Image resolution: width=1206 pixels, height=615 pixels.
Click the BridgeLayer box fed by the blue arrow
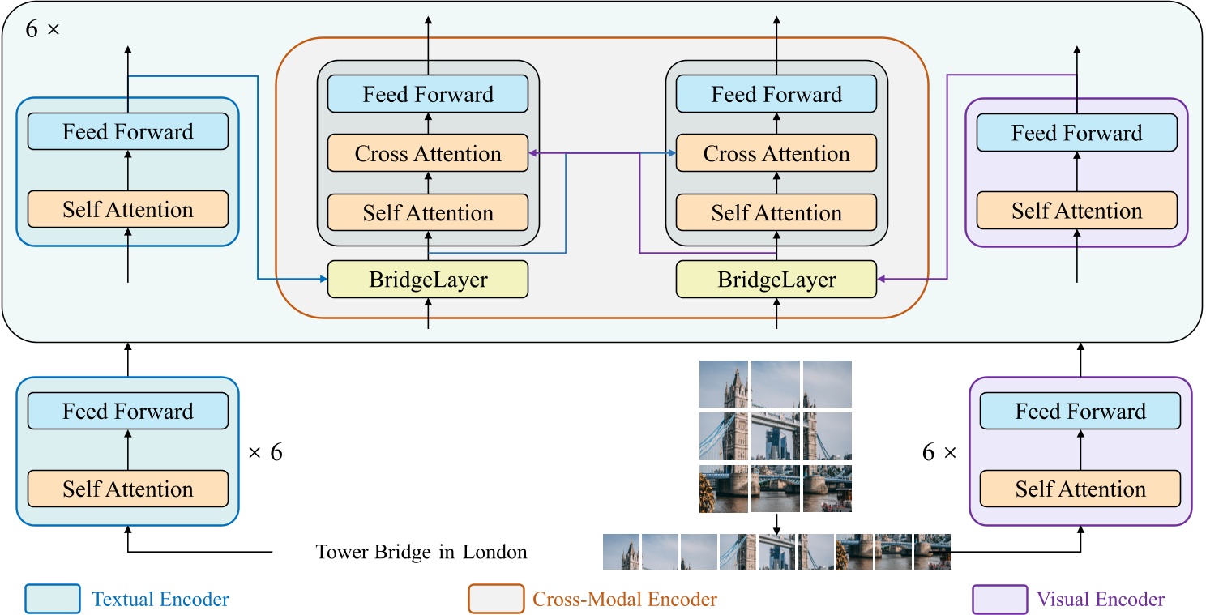pos(427,280)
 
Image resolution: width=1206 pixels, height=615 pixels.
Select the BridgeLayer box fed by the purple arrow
pos(776,280)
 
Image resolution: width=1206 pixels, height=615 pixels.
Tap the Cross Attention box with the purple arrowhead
pos(427,154)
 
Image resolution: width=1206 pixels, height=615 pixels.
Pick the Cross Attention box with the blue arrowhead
pos(776,154)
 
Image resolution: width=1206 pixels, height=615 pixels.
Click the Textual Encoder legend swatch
pos(53,600)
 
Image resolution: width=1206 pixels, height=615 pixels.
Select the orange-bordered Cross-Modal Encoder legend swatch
pos(495,600)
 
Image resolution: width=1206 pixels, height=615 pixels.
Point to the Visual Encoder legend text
pos(1100,600)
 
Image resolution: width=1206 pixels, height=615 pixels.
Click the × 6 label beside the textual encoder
pos(265,452)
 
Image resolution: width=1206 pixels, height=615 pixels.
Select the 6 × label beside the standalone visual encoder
pos(939,452)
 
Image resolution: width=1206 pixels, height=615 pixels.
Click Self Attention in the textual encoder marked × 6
pos(128,489)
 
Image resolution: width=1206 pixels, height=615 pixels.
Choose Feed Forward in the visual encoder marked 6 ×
pos(1080,411)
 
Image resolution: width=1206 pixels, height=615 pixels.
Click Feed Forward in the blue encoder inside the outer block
pos(128,132)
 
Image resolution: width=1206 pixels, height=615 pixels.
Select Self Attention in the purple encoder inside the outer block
pos(1076,211)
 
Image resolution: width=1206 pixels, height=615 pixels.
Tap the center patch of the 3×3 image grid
pos(776,436)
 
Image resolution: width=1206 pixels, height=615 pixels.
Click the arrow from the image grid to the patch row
pos(776,523)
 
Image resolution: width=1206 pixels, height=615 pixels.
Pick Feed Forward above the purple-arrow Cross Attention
pos(427,94)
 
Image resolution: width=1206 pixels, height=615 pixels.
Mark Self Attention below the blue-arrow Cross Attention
pos(776,213)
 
